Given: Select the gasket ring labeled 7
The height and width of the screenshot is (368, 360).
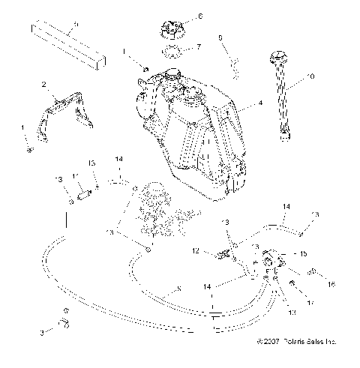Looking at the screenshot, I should pos(171,53).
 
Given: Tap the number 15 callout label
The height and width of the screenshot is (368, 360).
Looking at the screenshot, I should pos(303,254).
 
